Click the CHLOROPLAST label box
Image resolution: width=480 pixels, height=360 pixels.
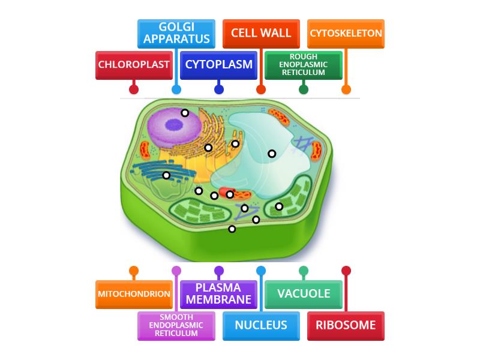(x=134, y=65)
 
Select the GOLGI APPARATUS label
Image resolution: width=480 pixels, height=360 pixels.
(x=176, y=34)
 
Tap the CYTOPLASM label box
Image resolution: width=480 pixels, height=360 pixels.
(x=219, y=65)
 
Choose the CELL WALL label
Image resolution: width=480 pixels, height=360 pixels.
(x=261, y=34)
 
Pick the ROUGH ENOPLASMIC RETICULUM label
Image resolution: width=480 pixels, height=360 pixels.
(x=304, y=65)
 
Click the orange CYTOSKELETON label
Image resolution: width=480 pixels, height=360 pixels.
(x=346, y=34)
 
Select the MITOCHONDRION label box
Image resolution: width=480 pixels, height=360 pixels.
(x=134, y=294)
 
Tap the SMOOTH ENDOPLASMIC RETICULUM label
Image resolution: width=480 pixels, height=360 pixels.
(x=176, y=325)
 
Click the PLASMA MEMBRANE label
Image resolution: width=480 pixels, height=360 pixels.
(x=219, y=294)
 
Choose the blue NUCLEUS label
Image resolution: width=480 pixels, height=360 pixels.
(x=261, y=325)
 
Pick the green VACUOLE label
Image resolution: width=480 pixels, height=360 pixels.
(x=304, y=294)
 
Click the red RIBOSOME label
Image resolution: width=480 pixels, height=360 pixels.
(x=346, y=325)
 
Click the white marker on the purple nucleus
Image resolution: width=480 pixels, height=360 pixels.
(x=185, y=113)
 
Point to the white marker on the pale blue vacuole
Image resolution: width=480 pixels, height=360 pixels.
(x=272, y=154)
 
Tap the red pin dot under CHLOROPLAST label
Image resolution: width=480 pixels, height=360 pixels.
(x=134, y=89)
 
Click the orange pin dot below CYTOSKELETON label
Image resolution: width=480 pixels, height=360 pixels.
(x=346, y=89)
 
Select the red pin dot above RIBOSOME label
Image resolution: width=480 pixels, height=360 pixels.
(x=346, y=271)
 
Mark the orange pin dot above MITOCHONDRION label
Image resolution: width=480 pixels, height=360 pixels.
(x=134, y=271)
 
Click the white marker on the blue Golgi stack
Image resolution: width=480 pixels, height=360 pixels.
(x=166, y=175)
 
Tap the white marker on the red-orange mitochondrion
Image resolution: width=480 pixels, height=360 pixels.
(x=230, y=194)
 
